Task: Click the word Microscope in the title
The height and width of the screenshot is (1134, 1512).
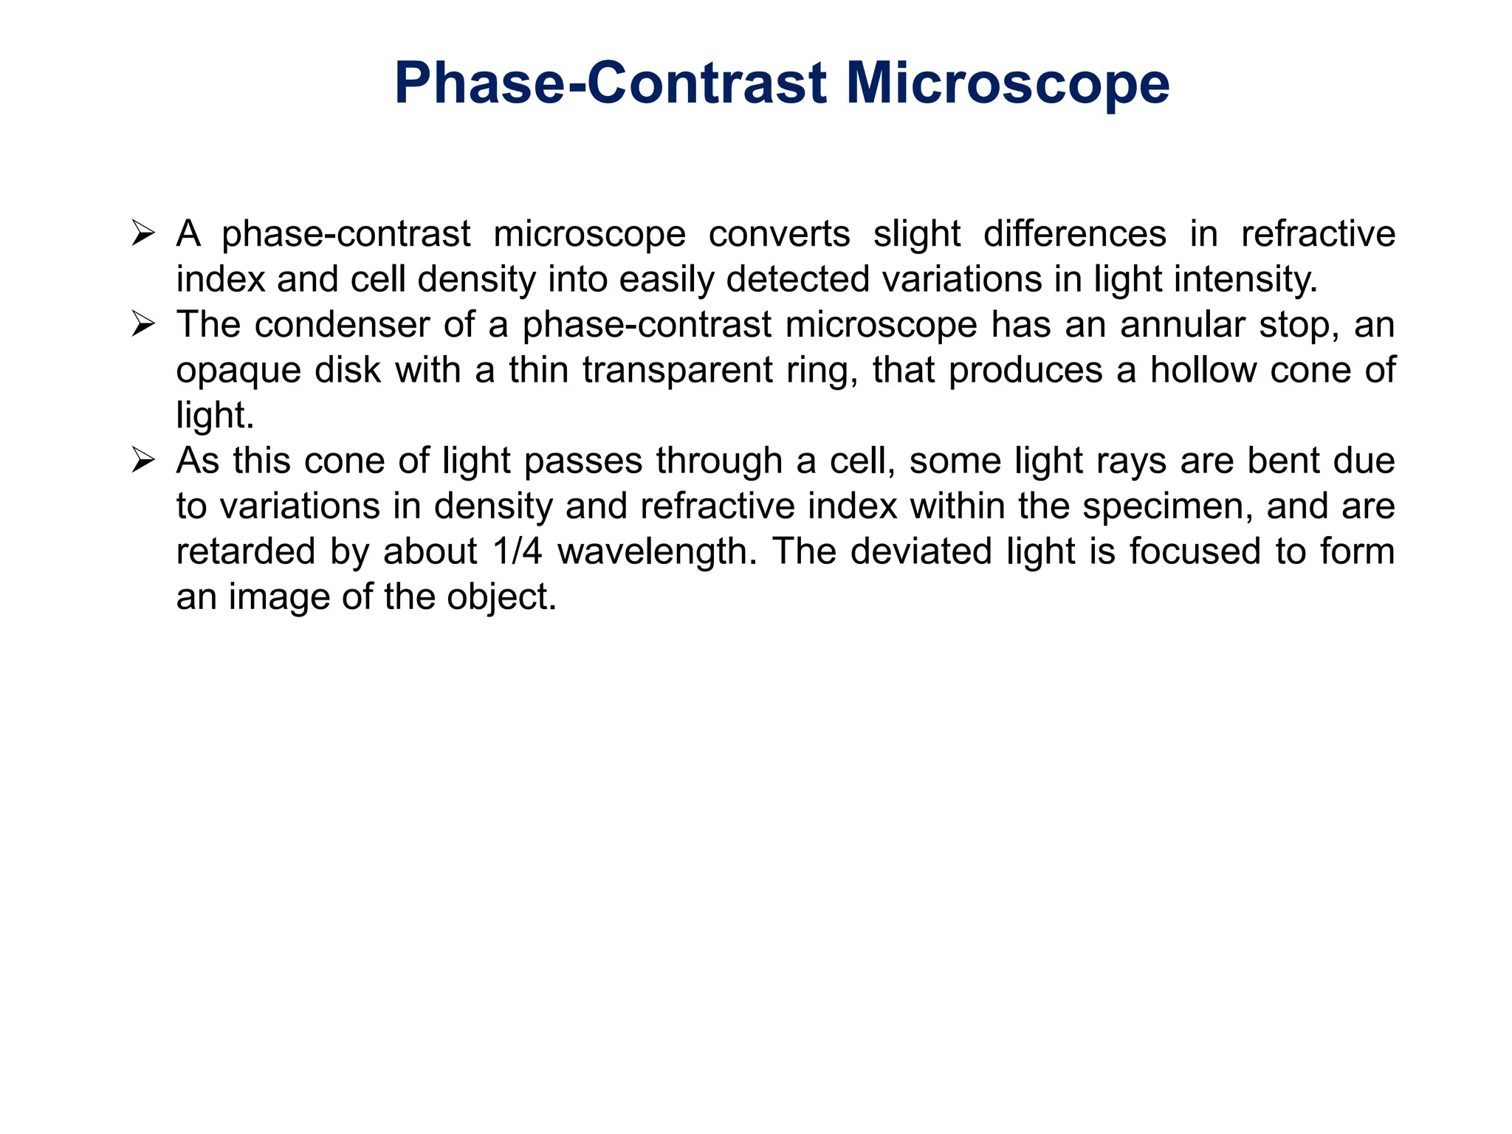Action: tap(1007, 83)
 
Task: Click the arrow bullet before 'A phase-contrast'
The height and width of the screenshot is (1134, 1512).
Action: tap(142, 234)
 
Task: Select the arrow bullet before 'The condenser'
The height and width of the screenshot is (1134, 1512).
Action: tap(142, 325)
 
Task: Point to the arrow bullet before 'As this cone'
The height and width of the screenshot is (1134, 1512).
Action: tap(142, 461)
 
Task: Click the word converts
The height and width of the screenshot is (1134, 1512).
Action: tap(779, 235)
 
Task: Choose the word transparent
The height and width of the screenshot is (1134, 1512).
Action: tap(677, 371)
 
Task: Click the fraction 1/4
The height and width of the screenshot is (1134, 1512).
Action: tap(516, 552)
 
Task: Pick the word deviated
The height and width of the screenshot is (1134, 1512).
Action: tap(921, 552)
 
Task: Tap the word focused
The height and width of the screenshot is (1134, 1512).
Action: tap(1195, 552)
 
